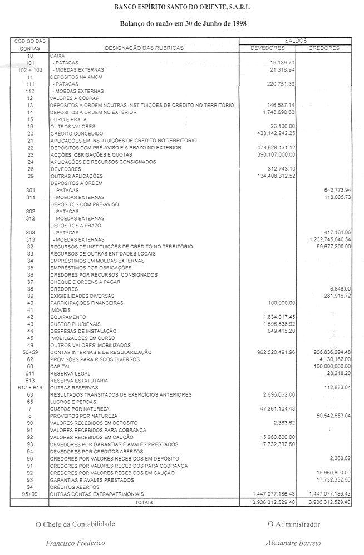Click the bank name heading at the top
coord(181,8)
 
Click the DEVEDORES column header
coord(267,48)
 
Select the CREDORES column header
coord(323,48)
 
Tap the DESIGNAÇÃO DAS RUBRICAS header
coord(144,48)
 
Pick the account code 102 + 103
coord(29,70)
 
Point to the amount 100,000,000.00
coord(327,366)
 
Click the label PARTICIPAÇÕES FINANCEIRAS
coord(87,303)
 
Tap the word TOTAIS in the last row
coord(144,502)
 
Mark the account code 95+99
coord(29,493)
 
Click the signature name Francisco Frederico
coord(75,543)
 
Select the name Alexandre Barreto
coord(293,543)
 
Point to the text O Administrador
coord(293,523)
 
